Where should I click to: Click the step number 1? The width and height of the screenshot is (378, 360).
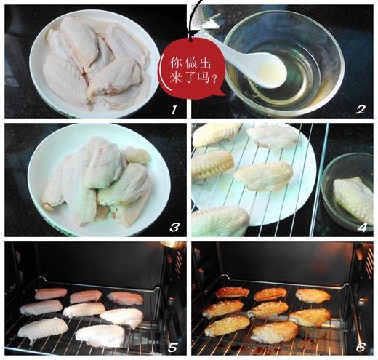click(172, 111)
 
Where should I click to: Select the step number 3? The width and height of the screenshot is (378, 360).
click(174, 227)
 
